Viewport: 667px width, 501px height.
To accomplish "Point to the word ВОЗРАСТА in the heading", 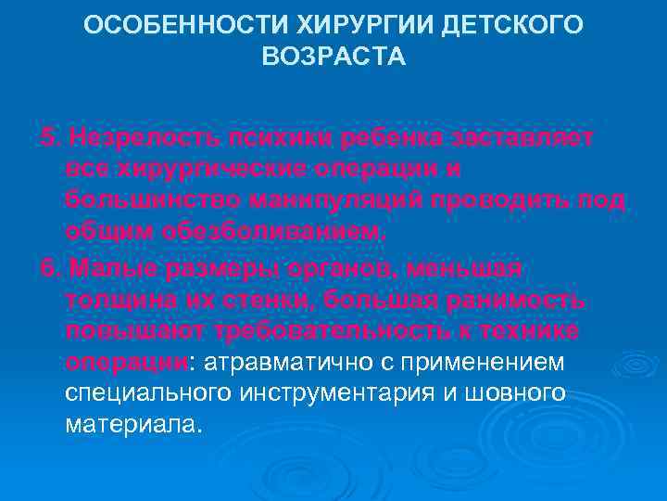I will (x=333, y=58).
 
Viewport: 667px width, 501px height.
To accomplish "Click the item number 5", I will (x=48, y=138).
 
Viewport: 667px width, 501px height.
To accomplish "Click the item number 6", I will (x=48, y=268).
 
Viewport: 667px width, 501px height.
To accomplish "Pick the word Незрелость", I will (x=133, y=138).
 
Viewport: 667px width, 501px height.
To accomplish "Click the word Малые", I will (x=105, y=268).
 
